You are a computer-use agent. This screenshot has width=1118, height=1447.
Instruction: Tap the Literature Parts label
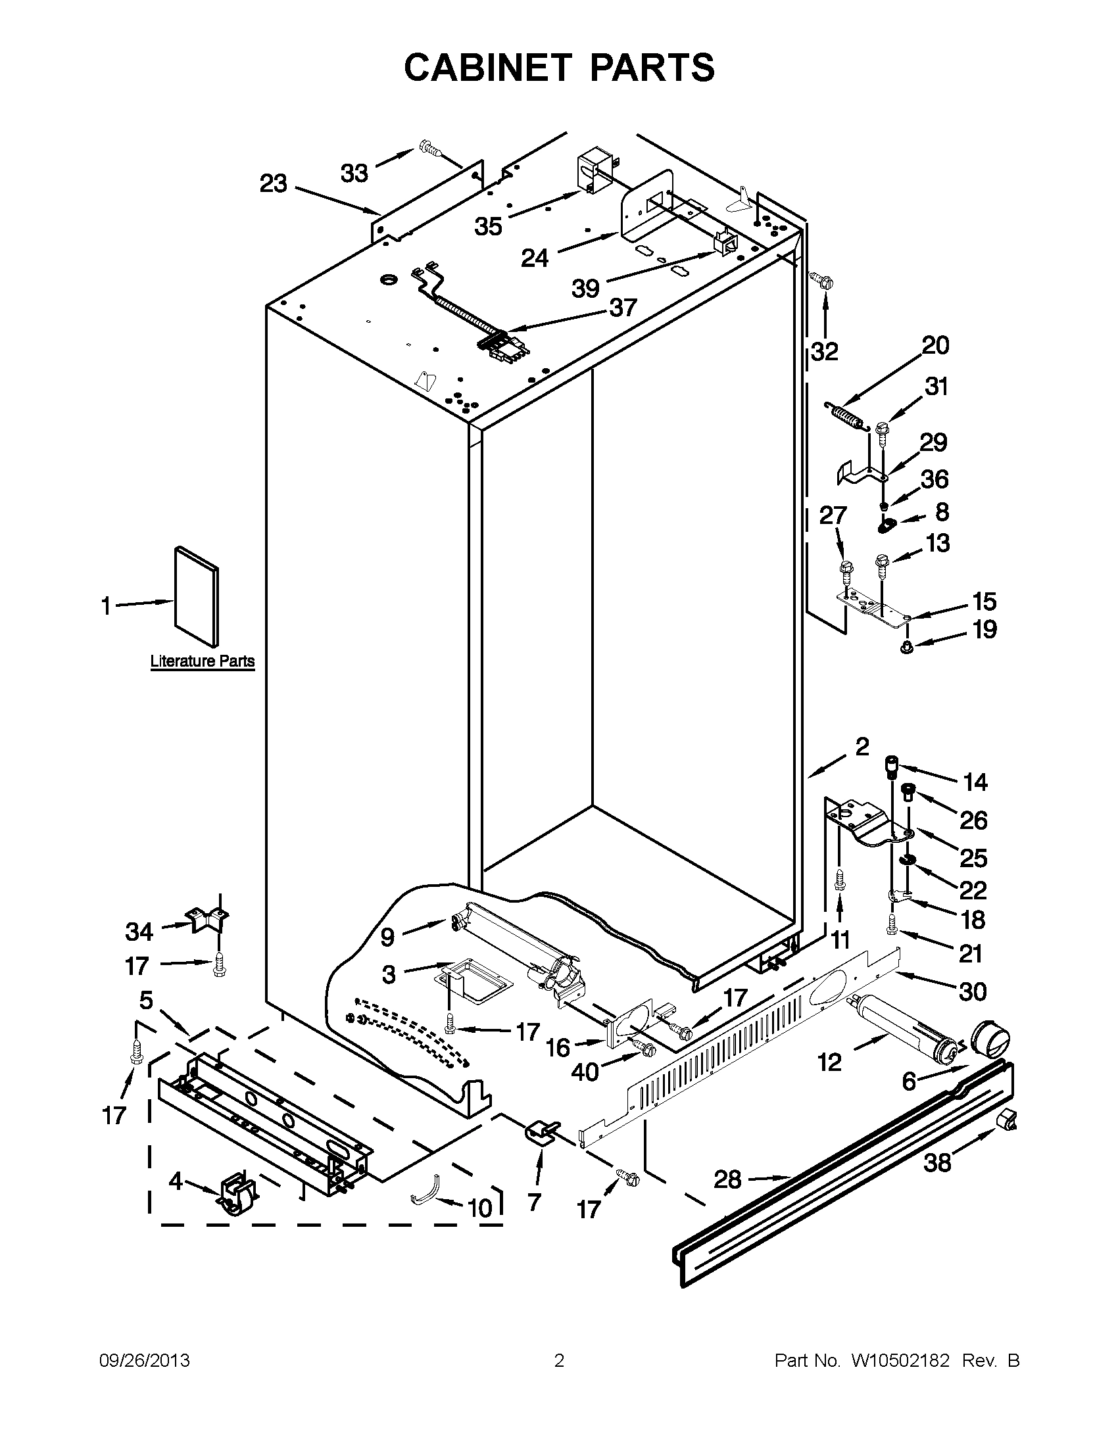(x=202, y=661)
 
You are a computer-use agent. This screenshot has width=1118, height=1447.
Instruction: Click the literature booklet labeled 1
(x=195, y=596)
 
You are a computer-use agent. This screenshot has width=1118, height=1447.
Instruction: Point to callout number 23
(x=273, y=183)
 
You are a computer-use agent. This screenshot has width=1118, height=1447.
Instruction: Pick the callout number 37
(x=623, y=308)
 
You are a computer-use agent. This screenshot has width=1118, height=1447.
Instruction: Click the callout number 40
(x=585, y=1072)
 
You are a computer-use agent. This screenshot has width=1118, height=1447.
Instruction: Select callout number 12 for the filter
(x=829, y=1062)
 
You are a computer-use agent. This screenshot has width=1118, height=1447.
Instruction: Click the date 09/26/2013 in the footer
(x=145, y=1360)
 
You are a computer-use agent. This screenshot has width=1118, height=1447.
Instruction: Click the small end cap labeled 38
(x=1006, y=1120)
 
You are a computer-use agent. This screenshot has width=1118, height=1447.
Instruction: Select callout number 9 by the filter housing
(x=388, y=937)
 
